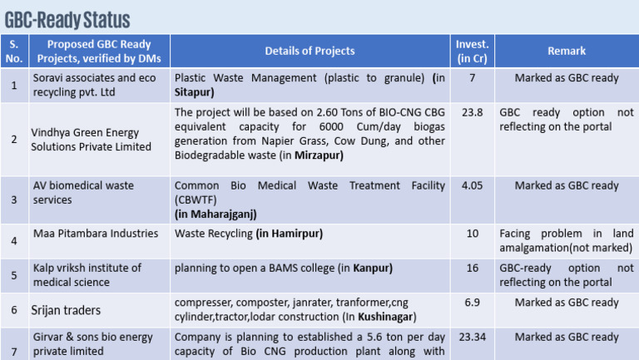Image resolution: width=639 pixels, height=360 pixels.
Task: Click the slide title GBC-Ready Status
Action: (67, 18)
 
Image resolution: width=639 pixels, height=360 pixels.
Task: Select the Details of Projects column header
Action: (310, 52)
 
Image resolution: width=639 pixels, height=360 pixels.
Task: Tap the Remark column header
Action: (566, 52)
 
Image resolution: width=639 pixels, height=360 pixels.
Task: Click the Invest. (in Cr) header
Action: (472, 52)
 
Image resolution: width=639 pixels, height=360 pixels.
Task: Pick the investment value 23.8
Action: (472, 111)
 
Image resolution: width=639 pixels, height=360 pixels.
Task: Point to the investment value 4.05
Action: (472, 186)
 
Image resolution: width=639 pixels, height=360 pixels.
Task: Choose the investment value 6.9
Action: (472, 303)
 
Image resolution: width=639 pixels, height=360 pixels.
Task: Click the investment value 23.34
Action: (472, 337)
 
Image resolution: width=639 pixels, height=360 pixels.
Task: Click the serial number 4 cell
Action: (14, 242)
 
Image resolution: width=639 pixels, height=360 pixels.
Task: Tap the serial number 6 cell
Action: (14, 310)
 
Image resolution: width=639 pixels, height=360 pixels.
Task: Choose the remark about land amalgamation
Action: (566, 240)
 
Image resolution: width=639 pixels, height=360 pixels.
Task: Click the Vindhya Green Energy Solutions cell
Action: (85, 140)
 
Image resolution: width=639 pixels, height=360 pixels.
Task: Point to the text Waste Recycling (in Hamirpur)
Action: (248, 234)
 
